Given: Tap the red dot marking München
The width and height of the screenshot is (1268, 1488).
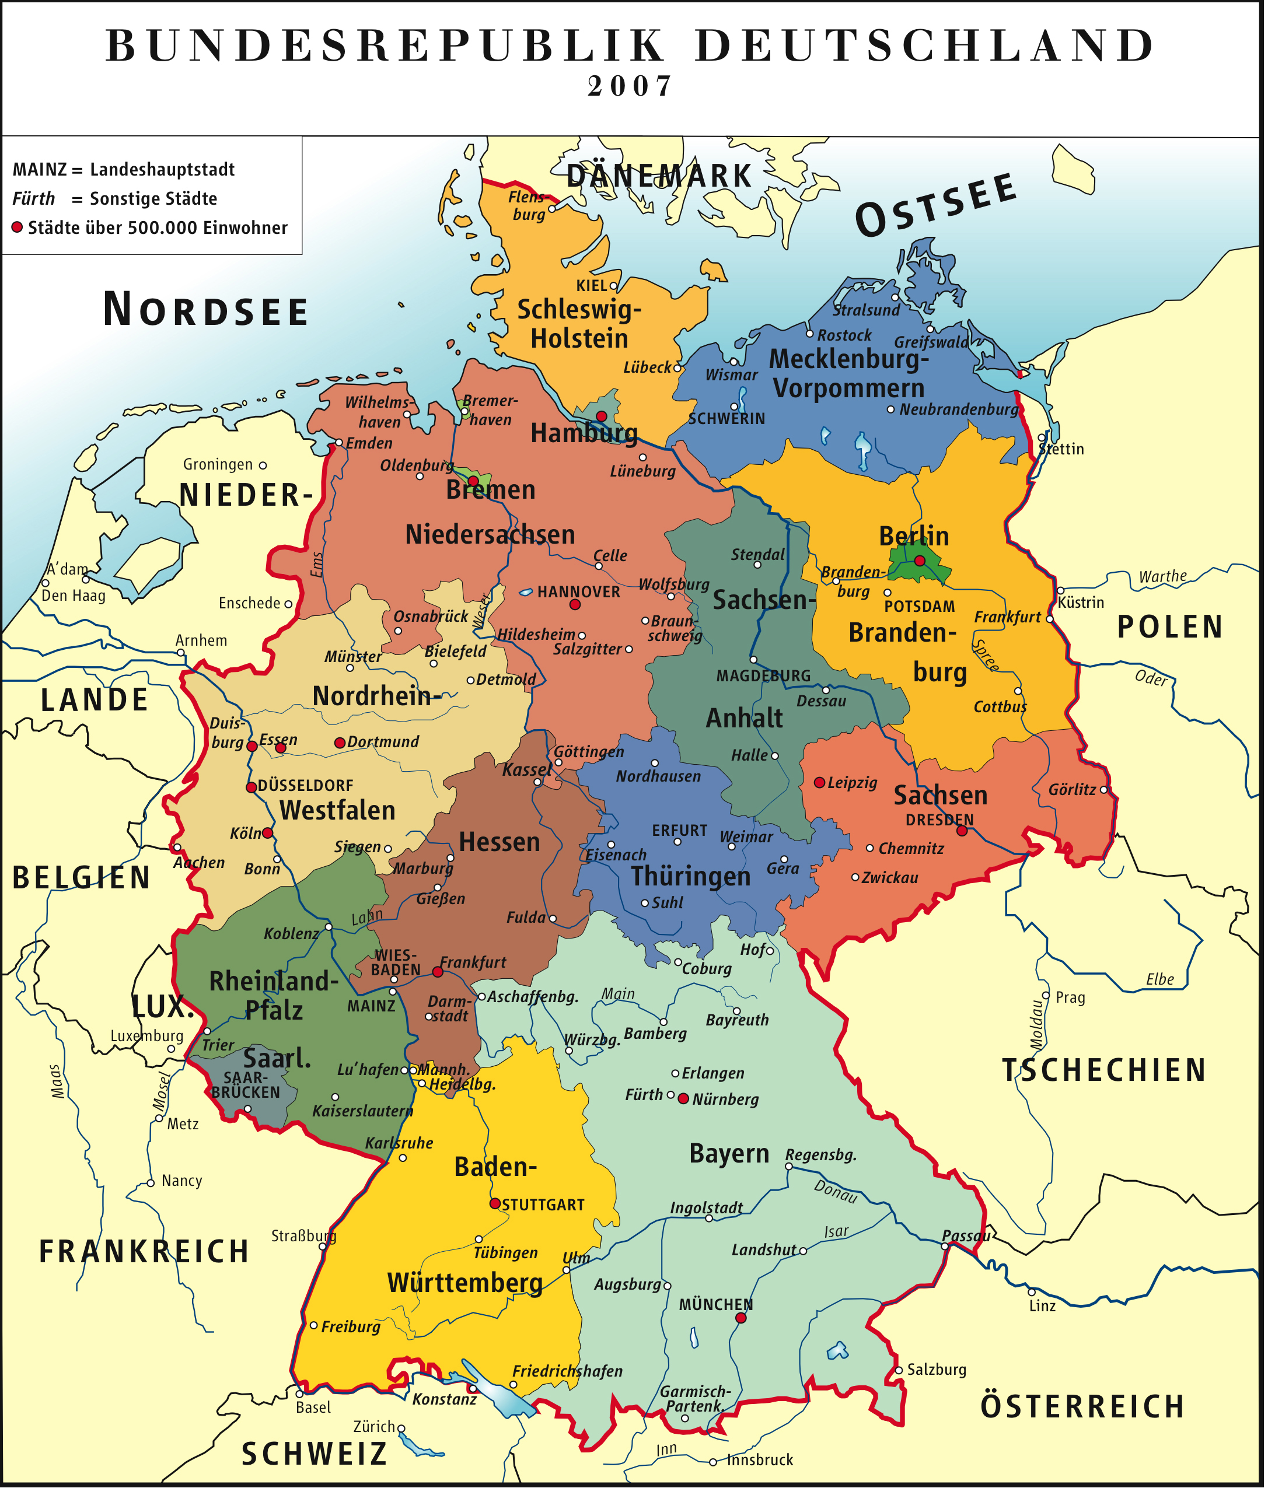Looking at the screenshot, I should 740,1318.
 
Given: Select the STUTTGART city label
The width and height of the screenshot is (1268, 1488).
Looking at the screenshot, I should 543,1205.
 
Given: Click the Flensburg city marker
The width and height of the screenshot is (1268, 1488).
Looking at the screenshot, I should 552,209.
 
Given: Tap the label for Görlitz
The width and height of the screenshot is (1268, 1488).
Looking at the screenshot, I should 1071,790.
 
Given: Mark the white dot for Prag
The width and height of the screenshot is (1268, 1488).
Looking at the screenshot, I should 1047,996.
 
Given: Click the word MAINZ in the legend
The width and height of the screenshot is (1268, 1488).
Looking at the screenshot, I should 40,170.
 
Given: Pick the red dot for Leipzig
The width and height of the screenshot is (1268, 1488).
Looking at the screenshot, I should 819,782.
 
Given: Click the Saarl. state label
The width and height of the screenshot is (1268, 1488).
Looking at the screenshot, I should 277,1059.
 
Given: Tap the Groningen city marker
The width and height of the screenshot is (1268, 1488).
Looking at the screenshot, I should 263,465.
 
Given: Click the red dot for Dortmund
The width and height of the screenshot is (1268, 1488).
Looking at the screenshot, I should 340,743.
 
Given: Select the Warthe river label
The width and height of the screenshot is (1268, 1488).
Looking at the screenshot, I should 1162,576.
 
